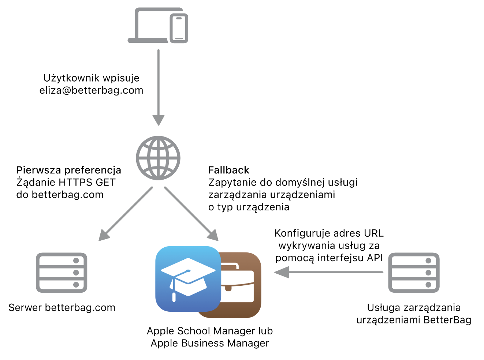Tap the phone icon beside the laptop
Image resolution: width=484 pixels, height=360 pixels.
coord(179,29)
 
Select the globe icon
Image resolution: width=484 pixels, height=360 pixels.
coord(158,158)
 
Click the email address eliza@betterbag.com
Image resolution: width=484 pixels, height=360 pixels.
coord(91,90)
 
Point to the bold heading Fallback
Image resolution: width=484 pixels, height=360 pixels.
coord(229,170)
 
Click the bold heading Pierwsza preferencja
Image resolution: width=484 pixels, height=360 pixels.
coord(69,170)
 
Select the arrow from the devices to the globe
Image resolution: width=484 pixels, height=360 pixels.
coord(159,88)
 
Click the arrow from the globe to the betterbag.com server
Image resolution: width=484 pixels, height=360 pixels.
coord(126,214)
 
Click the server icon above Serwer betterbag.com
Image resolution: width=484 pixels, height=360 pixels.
coord(62,273)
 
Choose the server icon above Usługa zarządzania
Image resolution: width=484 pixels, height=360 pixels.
coord(414,273)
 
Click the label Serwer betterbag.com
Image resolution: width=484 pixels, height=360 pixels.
coord(62,308)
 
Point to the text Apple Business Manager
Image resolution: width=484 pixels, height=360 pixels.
coord(210,343)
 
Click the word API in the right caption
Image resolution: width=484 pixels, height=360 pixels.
coord(375,258)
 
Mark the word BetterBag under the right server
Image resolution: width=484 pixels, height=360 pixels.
coord(447,320)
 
